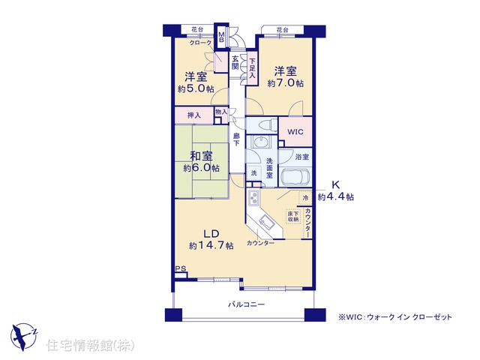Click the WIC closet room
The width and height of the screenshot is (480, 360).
[x=295, y=132]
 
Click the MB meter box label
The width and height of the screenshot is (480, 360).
[x=221, y=36]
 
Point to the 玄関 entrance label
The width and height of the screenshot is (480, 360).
[x=235, y=62]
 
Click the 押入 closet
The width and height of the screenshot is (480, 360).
[x=194, y=115]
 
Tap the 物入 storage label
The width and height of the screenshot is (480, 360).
[x=221, y=112]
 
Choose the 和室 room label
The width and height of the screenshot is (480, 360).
[x=201, y=156]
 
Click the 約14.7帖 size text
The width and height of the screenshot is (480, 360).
[x=211, y=245]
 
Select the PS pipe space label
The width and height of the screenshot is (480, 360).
[x=180, y=268]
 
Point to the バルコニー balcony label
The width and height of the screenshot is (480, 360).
[x=246, y=304]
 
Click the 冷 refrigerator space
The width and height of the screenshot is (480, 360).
[x=305, y=198]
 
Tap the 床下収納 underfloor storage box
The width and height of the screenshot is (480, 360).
[x=293, y=217]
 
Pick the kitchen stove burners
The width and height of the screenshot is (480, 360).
[x=253, y=197]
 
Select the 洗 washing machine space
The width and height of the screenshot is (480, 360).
[x=254, y=172]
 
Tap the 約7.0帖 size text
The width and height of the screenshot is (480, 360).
[x=286, y=83]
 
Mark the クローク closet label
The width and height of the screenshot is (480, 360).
[x=200, y=43]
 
